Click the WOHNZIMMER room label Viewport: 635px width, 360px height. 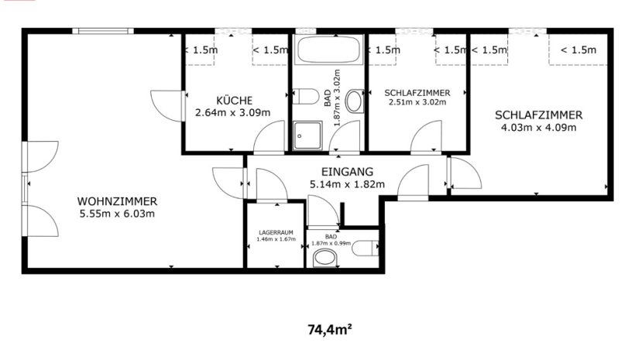click(x=117, y=201)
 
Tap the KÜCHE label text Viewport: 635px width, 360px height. click(x=234, y=101)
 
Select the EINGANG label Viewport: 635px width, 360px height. click(x=347, y=172)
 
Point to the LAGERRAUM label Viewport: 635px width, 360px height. click(x=276, y=233)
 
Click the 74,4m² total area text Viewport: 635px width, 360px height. click(x=330, y=330)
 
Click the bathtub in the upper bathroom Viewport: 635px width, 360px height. click(x=328, y=50)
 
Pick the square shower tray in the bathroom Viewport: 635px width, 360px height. click(x=307, y=135)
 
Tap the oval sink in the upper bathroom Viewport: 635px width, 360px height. click(x=355, y=101)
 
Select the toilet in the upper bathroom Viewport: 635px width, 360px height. click(x=305, y=96)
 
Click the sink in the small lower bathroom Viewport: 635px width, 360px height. click(x=325, y=258)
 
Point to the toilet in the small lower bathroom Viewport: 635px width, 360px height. click(x=365, y=248)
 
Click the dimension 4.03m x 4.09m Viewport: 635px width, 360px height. click(x=538, y=128)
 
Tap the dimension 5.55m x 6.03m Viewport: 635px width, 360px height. click(x=117, y=214)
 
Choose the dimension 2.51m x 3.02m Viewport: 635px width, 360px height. click(x=417, y=102)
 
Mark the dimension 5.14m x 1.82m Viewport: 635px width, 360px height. click(x=347, y=185)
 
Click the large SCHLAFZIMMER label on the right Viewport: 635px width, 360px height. click(x=539, y=115)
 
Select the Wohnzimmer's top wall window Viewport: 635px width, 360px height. click(x=103, y=31)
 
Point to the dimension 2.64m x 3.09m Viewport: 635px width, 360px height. click(x=233, y=112)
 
